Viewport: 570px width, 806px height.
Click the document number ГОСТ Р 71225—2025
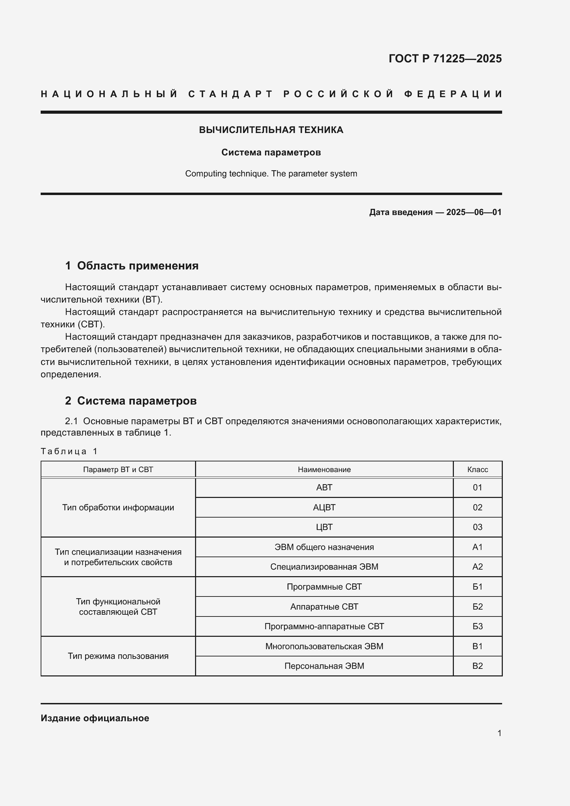pyautogui.click(x=445, y=58)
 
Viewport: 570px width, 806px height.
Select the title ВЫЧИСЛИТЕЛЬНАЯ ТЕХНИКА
pyautogui.click(x=271, y=130)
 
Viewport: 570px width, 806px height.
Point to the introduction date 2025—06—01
pyautogui.click(x=474, y=212)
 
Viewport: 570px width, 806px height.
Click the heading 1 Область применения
pyautogui.click(x=132, y=266)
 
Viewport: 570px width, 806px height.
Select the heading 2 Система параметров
pyautogui.click(x=131, y=400)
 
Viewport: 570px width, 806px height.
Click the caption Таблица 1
pyautogui.click(x=69, y=451)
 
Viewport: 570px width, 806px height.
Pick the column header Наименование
pyautogui.click(x=324, y=469)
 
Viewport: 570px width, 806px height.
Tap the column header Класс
pyautogui.click(x=477, y=469)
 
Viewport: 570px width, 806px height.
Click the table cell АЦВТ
pyautogui.click(x=324, y=507)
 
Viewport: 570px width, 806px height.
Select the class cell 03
pyautogui.click(x=477, y=527)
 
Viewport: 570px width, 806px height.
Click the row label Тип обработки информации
pyautogui.click(x=118, y=507)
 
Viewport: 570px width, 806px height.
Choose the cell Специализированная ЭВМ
pyautogui.click(x=324, y=567)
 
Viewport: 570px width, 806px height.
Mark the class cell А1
pyautogui.click(x=477, y=547)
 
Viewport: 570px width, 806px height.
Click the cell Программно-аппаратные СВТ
pyautogui.click(x=324, y=626)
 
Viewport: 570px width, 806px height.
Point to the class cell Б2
pyautogui.click(x=477, y=606)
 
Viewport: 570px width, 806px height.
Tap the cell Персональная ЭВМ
pyautogui.click(x=324, y=666)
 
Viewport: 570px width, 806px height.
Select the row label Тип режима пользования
pyautogui.click(x=118, y=656)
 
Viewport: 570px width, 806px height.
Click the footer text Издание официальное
pyautogui.click(x=95, y=718)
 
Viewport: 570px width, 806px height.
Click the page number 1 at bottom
pyautogui.click(x=499, y=733)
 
